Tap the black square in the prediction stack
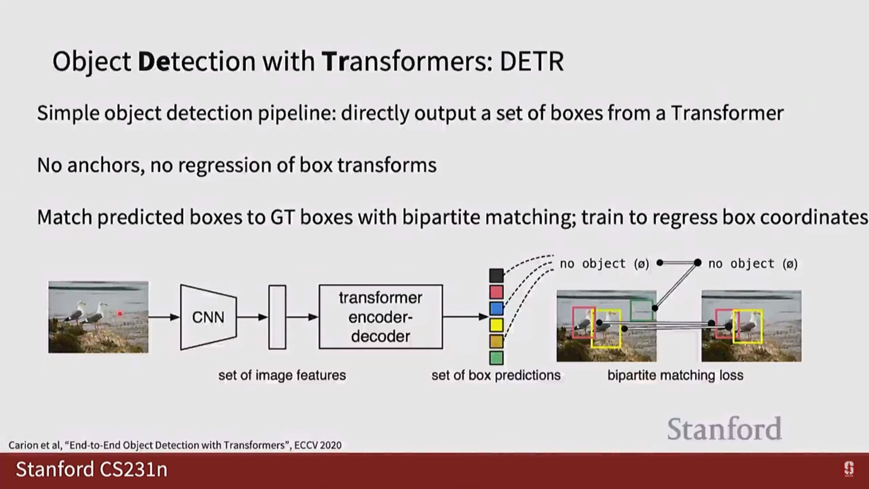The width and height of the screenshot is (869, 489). pos(496,275)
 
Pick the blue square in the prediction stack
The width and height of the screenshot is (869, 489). pos(496,308)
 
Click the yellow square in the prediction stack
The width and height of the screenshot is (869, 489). pos(496,325)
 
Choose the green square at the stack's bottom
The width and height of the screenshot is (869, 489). pos(496,358)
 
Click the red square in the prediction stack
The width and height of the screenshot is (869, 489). pos(496,292)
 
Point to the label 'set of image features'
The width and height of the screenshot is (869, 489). pos(282,375)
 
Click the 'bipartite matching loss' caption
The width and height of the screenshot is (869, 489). pos(675,375)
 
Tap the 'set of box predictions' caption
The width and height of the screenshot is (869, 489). pos(496,375)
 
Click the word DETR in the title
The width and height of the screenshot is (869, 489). pos(532,61)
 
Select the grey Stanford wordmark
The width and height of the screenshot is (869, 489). pos(724,429)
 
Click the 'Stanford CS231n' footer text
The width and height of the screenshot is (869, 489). pos(91,470)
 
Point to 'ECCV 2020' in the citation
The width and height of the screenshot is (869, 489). pos(318,445)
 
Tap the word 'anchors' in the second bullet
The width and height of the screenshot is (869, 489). pos(105,165)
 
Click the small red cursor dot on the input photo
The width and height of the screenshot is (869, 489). pos(120,313)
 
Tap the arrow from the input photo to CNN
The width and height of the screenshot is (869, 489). pos(164,317)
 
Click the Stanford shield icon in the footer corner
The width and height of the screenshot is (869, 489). pos(849,469)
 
